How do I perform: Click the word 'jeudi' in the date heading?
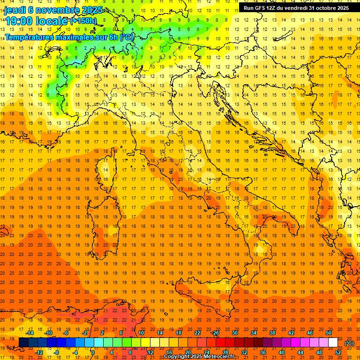(15, 10)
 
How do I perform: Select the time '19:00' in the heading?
(18, 21)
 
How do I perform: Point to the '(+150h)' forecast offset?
(83, 21)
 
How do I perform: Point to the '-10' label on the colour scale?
(48, 333)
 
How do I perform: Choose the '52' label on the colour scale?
(338, 352)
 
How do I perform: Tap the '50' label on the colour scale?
(329, 333)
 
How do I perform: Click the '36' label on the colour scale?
(263, 352)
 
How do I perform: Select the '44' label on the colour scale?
(300, 352)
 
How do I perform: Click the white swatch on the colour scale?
(333, 343)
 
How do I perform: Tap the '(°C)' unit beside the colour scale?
(349, 343)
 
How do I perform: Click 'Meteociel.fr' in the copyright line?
(219, 357)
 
